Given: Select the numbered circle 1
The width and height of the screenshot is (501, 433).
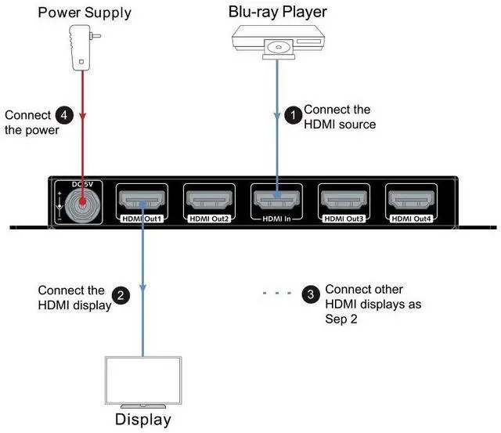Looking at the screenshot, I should (293, 115).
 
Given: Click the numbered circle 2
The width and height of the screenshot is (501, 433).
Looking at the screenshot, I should (121, 295).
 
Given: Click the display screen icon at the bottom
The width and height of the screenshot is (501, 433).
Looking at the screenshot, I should (142, 379).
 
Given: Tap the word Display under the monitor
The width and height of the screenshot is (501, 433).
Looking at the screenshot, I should (143, 419).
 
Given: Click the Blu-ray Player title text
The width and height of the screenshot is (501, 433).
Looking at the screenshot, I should (276, 11).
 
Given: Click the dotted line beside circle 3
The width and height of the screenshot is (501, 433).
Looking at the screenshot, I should (277, 294).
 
